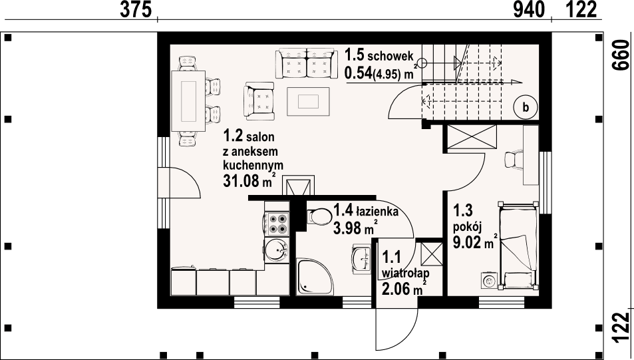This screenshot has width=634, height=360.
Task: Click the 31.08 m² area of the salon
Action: [x=248, y=180]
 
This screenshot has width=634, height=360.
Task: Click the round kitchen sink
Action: [x=275, y=251]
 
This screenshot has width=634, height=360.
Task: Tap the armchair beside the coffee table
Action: [x=259, y=100]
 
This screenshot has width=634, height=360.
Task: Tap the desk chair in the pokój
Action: [x=514, y=160]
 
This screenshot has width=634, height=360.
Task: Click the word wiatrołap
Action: [x=406, y=273]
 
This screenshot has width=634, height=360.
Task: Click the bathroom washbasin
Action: [x=362, y=258]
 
